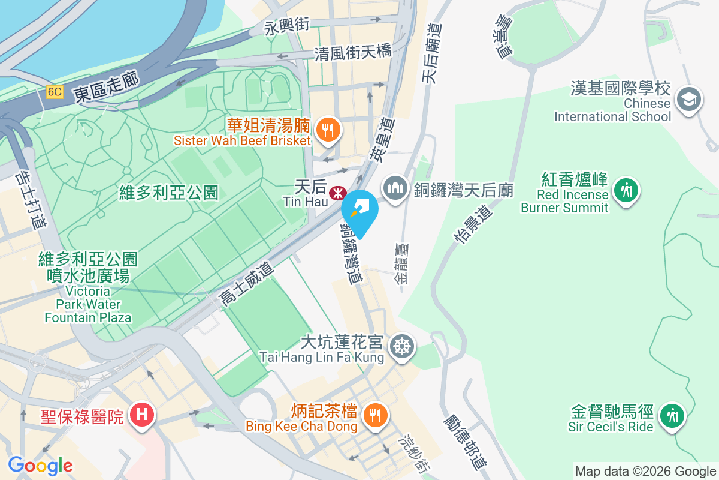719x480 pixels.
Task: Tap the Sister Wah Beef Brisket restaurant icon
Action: click(x=327, y=129)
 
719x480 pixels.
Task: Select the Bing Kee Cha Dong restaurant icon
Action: click(x=375, y=415)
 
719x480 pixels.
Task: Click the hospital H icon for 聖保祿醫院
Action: click(x=143, y=415)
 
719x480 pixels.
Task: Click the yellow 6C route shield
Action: click(x=55, y=92)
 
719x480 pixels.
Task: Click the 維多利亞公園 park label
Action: click(x=168, y=193)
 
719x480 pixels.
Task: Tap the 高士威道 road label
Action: click(x=246, y=284)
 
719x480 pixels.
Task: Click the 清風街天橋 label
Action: click(x=353, y=53)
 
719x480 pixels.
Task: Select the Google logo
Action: click(x=40, y=465)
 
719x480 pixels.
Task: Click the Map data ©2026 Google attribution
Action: click(x=645, y=472)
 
